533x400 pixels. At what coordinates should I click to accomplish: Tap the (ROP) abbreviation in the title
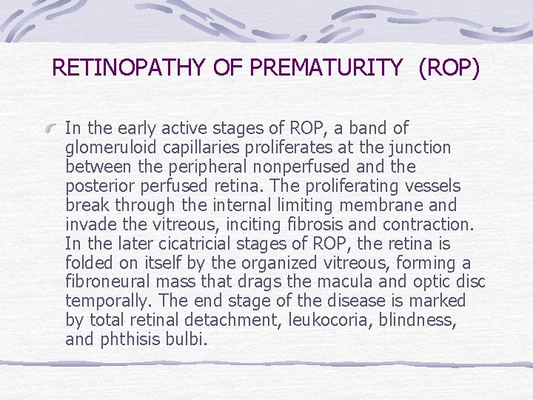point(449,68)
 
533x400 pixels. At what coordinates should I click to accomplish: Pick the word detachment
point(248,321)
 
